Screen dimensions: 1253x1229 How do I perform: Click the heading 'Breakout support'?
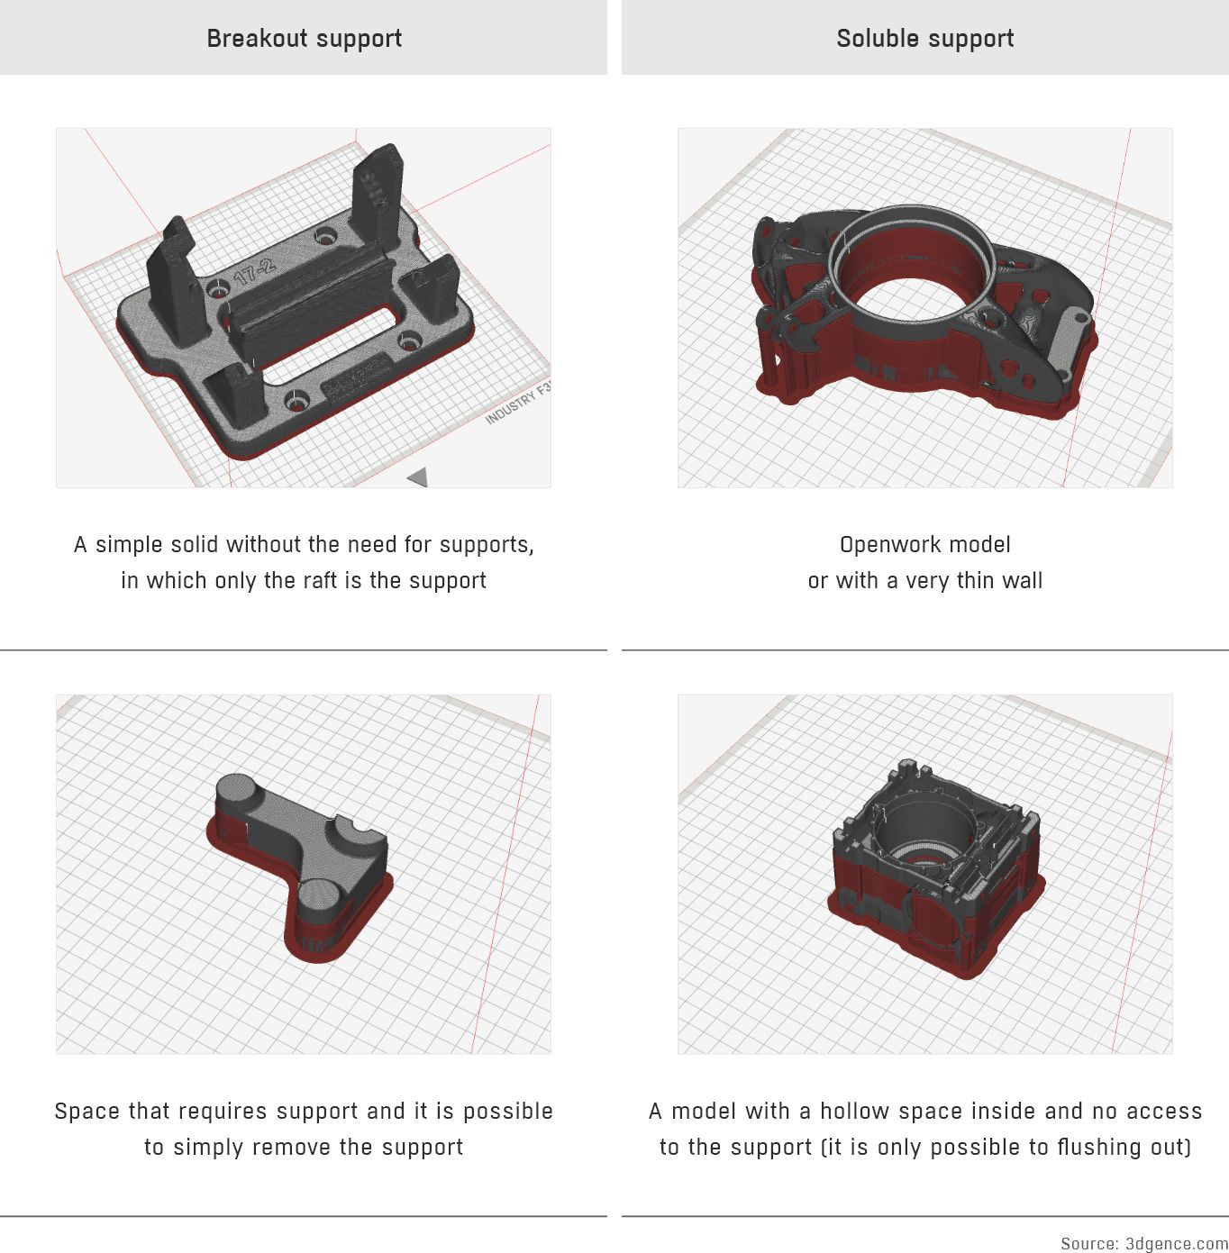[x=304, y=39]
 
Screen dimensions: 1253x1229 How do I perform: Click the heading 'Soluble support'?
[x=924, y=39]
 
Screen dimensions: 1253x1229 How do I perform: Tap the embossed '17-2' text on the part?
[x=254, y=271]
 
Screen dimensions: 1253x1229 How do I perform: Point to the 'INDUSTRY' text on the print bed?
[x=511, y=408]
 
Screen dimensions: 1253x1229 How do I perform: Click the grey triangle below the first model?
[x=417, y=477]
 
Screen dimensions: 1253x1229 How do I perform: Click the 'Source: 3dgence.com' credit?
[x=1143, y=1244]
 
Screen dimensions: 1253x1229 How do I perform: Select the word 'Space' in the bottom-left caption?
[x=88, y=1112]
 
